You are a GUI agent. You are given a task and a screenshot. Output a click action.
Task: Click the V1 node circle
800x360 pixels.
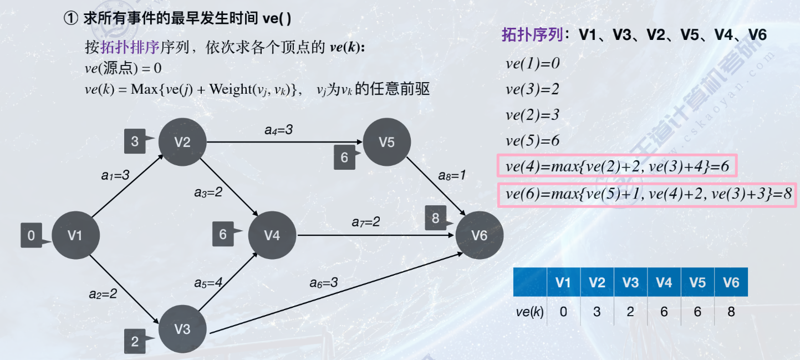(75, 236)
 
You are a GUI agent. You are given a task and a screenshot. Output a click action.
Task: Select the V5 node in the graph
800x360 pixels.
(386, 142)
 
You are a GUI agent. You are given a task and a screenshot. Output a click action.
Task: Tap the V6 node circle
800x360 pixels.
(480, 236)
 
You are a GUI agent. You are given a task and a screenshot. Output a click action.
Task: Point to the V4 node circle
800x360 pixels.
(272, 236)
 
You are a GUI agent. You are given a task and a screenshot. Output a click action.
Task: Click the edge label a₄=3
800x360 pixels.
(278, 130)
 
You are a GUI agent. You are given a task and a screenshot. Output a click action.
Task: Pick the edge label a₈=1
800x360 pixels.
(452, 175)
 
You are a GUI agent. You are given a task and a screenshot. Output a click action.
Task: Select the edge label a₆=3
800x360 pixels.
(324, 283)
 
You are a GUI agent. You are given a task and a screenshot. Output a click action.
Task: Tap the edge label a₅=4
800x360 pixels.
(208, 283)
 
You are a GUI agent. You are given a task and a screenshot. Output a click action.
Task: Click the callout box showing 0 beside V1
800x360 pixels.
(31, 236)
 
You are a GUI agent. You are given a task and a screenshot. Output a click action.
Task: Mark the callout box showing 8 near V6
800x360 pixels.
(436, 219)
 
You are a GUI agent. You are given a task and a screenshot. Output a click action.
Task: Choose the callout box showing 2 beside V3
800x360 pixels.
(135, 342)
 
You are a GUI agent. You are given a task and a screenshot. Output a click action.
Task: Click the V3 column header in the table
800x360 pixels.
(630, 283)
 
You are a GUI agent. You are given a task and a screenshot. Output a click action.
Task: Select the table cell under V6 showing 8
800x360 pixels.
(731, 312)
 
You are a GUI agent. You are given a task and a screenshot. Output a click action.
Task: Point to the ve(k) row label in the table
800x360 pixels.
(529, 312)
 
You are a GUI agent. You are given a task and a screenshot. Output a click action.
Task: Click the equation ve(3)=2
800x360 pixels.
(532, 89)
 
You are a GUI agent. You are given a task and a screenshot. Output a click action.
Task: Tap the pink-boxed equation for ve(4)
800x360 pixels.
(616, 166)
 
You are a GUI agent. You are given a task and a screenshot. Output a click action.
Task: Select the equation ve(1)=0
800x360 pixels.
(532, 64)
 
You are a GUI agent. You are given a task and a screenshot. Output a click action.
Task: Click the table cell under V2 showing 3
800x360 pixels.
(597, 312)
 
